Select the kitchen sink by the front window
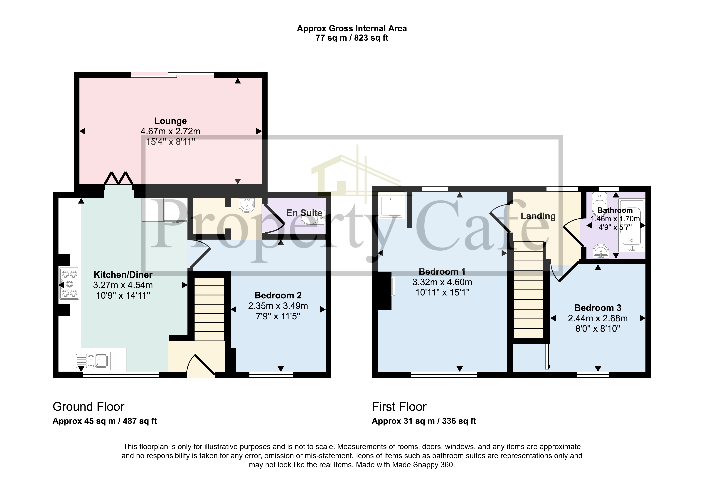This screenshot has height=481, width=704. [92, 361]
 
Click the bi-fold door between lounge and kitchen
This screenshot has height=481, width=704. [118, 179]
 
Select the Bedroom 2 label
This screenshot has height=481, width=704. [278, 295]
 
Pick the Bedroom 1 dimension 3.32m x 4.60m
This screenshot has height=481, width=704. [442, 282]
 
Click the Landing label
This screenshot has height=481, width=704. [538, 216]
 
